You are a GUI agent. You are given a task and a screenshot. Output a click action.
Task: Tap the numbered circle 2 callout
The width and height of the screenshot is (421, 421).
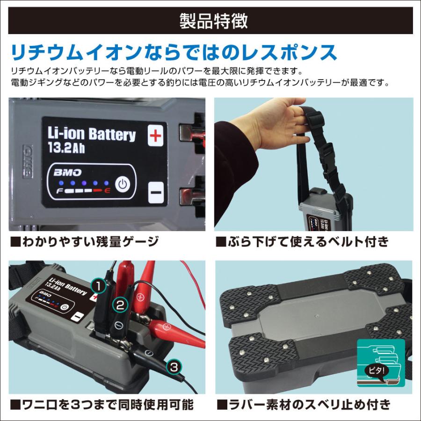tap(120, 305)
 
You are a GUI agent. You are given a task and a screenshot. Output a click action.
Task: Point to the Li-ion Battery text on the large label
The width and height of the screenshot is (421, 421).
tap(92, 134)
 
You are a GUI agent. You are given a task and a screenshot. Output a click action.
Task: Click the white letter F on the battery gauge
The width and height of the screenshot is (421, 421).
tap(60, 191)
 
